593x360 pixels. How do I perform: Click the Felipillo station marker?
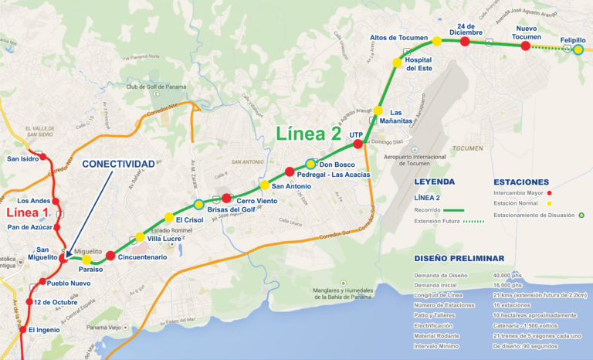click(x=578, y=49)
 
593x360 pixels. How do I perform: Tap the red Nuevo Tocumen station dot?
click(x=526, y=46)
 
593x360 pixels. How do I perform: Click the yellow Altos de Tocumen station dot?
click(x=436, y=41)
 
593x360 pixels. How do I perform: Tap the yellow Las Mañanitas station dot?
click(x=378, y=111)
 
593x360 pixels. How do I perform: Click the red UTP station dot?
click(x=357, y=144)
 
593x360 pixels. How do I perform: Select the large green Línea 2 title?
click(x=309, y=134)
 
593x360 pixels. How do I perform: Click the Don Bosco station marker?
click(x=310, y=164)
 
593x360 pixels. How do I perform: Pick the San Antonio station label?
click(x=291, y=185)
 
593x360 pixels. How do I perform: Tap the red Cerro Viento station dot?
click(x=226, y=198)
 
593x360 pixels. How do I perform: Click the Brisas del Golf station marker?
click(x=199, y=205)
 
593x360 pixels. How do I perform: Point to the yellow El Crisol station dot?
click(x=169, y=218)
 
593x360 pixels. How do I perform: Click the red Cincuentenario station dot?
click(x=110, y=256)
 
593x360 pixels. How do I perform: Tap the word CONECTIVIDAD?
click(x=118, y=164)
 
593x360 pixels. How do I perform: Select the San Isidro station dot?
click(x=43, y=157)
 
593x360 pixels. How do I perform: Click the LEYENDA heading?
click(x=435, y=182)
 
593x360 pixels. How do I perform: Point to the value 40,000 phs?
click(x=511, y=274)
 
